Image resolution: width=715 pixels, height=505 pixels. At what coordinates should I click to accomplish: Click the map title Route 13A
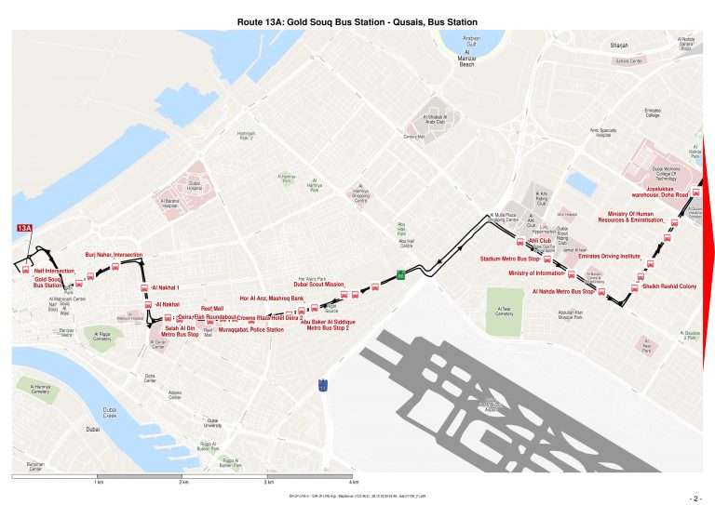pos(357,20)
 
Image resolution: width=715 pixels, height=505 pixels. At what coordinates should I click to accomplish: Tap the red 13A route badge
pos(24,228)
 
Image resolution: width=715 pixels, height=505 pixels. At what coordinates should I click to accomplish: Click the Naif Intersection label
pos(54,270)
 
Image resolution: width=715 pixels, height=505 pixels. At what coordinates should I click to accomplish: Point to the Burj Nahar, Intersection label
pos(114,254)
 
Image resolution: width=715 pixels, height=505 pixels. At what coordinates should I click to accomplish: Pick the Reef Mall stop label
pos(212,308)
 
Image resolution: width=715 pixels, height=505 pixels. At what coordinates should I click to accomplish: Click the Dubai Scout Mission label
pos(319,285)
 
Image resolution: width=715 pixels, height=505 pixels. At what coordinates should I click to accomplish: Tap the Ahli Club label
pos(540,241)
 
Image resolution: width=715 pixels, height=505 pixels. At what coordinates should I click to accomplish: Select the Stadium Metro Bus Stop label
pos(509,259)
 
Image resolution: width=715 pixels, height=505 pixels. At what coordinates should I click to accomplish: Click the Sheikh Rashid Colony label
pos(669,286)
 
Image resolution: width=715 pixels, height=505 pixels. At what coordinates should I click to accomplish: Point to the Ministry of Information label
pos(537,273)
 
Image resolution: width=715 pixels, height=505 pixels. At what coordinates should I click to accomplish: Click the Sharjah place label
pos(619,45)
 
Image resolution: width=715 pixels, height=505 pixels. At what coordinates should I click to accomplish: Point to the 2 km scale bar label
pos(182,484)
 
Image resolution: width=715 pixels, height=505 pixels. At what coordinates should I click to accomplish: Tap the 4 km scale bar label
pos(354,484)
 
